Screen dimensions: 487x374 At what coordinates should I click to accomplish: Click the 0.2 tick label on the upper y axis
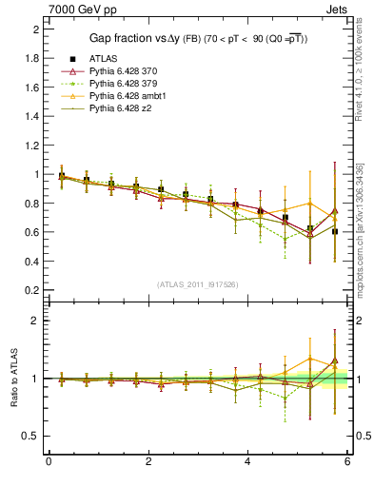[x=33, y=290]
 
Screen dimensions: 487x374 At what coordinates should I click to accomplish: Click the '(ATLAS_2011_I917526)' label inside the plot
[x=198, y=284]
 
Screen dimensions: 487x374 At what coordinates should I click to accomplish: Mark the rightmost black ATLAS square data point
[x=333, y=231]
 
